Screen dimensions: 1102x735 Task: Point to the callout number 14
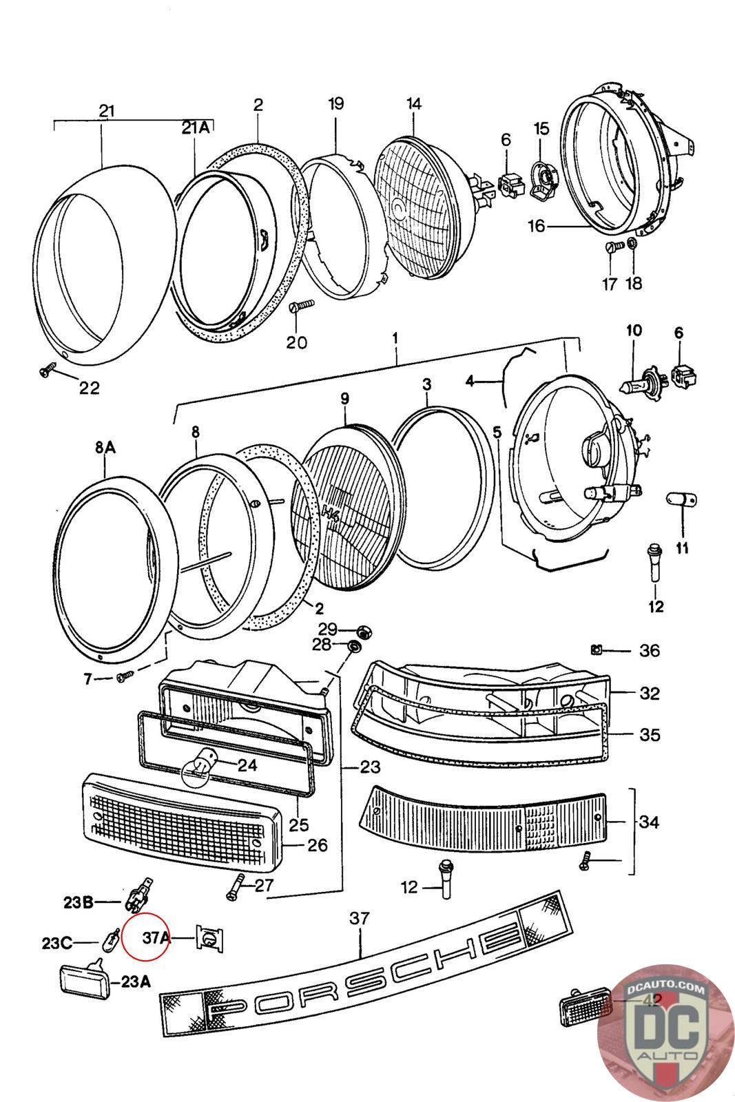413,104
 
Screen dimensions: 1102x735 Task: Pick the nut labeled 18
632,244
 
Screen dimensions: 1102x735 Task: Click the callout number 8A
105,448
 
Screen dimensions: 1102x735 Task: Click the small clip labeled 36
597,649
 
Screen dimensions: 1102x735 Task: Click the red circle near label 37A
145,936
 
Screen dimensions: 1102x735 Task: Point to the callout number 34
649,822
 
